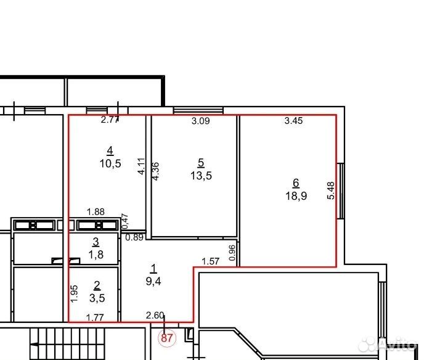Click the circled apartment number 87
[x=167, y=338]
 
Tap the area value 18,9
[x=296, y=195]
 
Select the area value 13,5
[x=201, y=176]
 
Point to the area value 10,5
[x=110, y=163]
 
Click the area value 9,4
[x=153, y=282]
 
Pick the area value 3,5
[x=97, y=298]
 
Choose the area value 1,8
[x=96, y=255]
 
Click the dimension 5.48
[x=331, y=190]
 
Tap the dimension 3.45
[x=293, y=121]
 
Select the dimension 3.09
[x=201, y=121]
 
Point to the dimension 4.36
[x=155, y=171]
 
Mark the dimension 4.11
[x=141, y=166]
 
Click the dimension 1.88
[x=96, y=211]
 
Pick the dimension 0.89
[x=134, y=237]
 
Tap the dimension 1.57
[x=211, y=261]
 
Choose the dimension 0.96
[x=232, y=253]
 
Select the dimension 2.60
[x=155, y=316]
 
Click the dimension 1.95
[x=74, y=294]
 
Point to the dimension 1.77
[x=95, y=317]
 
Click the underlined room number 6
[x=296, y=183]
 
